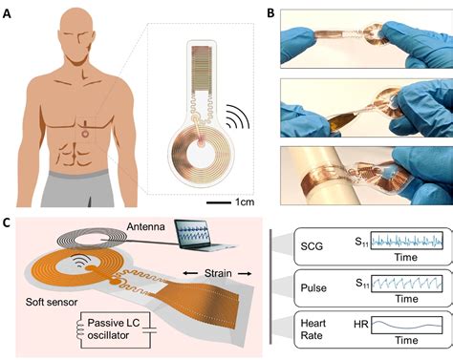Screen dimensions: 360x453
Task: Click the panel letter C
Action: click(x=9, y=222)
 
